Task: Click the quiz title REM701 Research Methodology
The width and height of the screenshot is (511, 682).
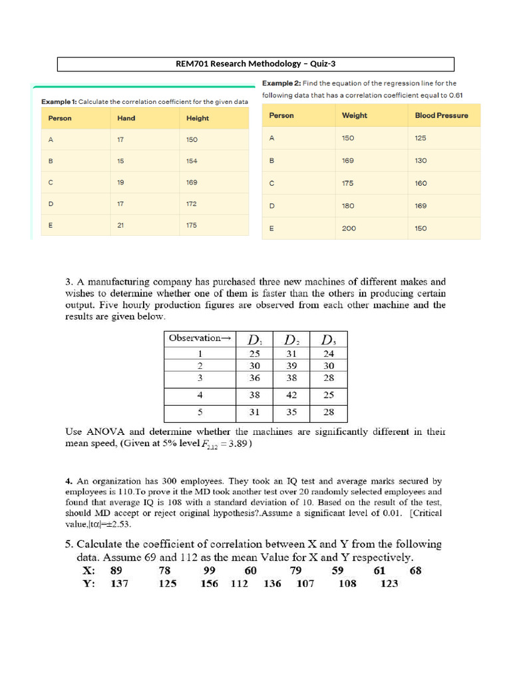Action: tap(255, 64)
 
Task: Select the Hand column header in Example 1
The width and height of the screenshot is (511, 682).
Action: tap(126, 119)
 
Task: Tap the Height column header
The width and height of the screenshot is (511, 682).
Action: tap(197, 119)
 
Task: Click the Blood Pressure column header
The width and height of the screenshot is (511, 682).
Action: tap(441, 115)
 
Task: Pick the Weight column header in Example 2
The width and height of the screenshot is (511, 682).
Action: tap(354, 115)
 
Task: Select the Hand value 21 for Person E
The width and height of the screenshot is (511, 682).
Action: tap(120, 225)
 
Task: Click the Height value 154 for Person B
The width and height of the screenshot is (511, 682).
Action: tap(192, 161)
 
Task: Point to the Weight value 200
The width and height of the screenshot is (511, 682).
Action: tap(349, 228)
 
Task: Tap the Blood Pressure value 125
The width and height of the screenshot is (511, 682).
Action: tap(421, 139)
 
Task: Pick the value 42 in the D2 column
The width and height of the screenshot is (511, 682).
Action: tap(291, 395)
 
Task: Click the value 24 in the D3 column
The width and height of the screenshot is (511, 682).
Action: tap(329, 354)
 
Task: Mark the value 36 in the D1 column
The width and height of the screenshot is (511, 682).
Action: tap(254, 377)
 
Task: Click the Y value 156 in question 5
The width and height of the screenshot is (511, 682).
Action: tap(210, 583)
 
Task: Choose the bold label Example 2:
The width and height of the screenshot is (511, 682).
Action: tap(281, 83)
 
